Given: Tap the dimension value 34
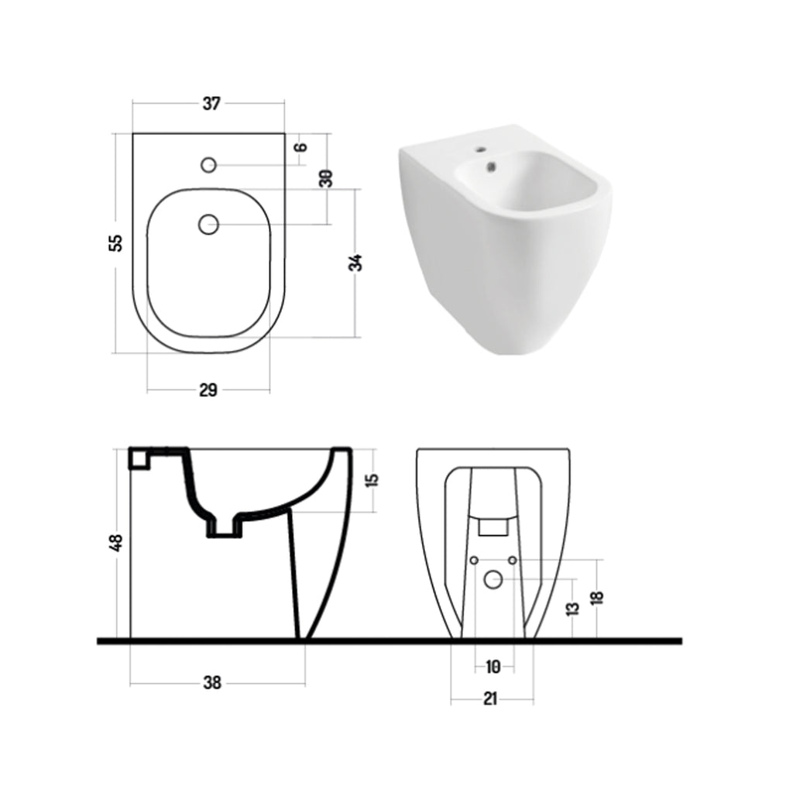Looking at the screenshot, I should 355,263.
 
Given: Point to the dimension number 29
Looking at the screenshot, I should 208,390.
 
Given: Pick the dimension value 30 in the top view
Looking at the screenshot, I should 327,178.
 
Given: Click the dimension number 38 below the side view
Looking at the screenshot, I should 211,683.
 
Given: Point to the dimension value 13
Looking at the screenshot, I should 572,609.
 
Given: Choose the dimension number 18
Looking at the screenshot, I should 596,597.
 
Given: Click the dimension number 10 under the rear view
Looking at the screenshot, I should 493,665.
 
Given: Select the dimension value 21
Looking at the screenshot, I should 490,699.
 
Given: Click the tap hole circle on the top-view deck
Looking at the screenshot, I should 208,165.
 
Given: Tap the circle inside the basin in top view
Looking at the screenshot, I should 208,225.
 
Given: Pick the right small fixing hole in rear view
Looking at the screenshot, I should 513,559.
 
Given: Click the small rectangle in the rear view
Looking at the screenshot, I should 493,527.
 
